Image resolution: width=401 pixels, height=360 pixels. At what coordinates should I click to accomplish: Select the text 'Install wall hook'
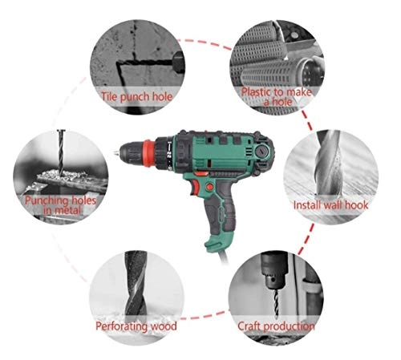[x=330, y=205]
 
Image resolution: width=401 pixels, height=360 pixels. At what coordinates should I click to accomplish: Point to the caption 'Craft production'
[x=275, y=326]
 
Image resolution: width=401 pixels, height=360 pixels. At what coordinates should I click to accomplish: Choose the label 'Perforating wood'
[x=136, y=326]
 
